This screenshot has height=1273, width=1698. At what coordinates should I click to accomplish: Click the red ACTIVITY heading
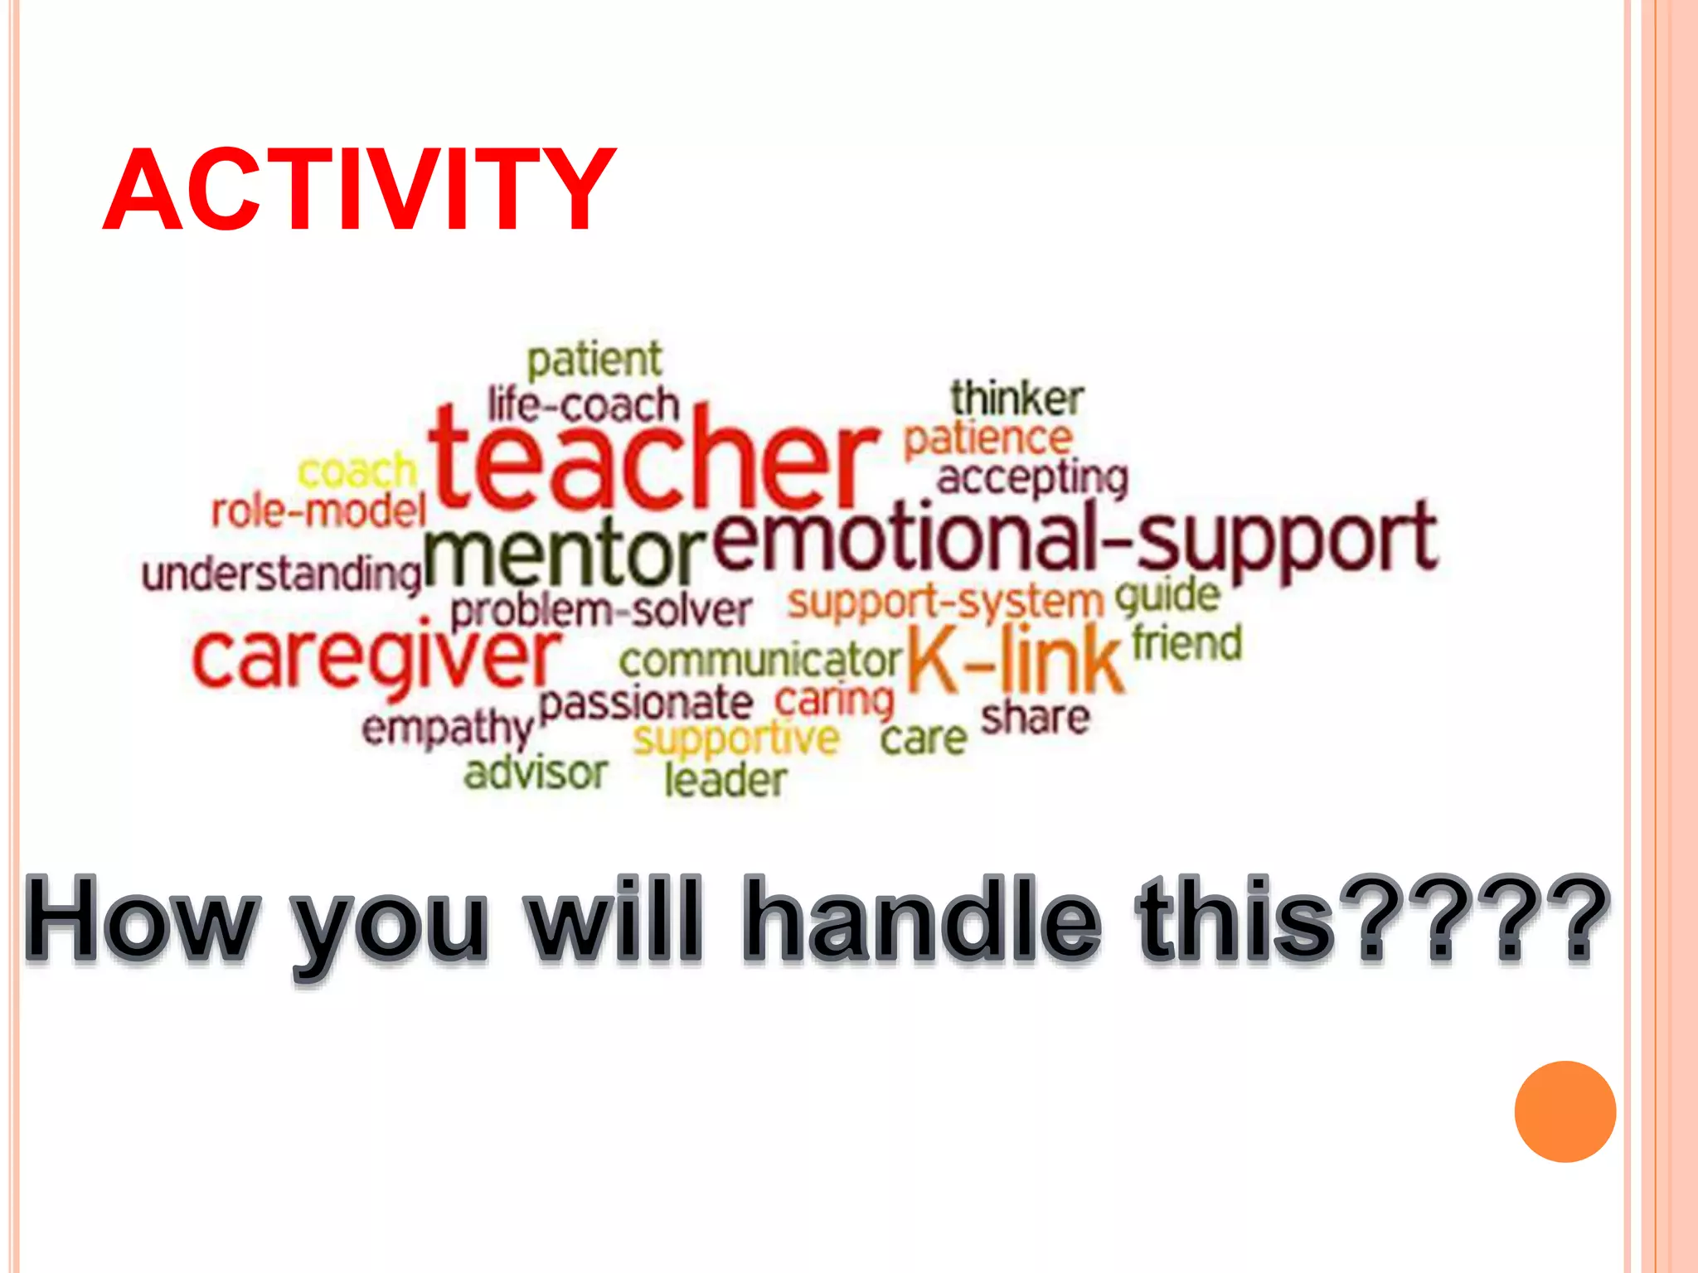(x=358, y=190)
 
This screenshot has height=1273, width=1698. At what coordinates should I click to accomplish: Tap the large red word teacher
(x=653, y=460)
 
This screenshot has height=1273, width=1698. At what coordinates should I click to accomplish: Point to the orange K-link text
(x=1016, y=660)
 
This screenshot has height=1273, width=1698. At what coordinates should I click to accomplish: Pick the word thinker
(x=1016, y=399)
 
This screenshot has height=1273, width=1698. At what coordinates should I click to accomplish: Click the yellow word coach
(x=357, y=472)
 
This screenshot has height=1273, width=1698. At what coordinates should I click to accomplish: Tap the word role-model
(x=318, y=511)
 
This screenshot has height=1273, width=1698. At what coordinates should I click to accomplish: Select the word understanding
(x=282, y=574)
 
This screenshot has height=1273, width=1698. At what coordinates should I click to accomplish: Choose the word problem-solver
(x=601, y=612)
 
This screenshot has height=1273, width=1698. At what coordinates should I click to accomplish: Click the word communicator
(x=759, y=661)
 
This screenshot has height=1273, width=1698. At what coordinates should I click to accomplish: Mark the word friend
(x=1187, y=643)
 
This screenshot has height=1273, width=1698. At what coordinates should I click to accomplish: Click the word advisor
(x=536, y=772)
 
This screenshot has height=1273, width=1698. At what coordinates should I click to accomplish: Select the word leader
(x=725, y=780)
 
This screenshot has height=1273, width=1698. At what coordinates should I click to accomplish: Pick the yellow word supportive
(x=736, y=739)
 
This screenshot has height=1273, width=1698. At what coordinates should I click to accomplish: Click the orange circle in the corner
(x=1565, y=1111)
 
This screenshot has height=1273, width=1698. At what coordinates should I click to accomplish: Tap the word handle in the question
(x=921, y=921)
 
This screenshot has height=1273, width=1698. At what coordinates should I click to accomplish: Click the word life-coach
(x=584, y=404)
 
